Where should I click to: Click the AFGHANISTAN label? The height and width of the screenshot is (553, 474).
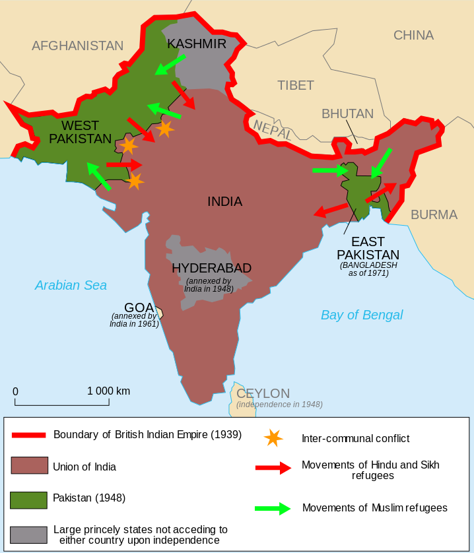pyautogui.click(x=77, y=46)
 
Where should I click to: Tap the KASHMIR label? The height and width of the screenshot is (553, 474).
pyautogui.click(x=197, y=44)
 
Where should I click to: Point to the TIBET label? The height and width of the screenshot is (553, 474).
pyautogui.click(x=295, y=85)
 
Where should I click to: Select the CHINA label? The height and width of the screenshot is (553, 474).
pyautogui.click(x=413, y=35)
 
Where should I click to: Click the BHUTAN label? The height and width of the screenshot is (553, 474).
pyautogui.click(x=347, y=114)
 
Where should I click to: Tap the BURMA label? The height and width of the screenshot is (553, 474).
pyautogui.click(x=434, y=214)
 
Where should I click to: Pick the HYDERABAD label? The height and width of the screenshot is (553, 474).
pyautogui.click(x=211, y=268)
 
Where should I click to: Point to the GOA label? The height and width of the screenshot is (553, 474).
pyautogui.click(x=139, y=308)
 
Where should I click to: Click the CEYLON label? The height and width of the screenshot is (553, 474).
pyautogui.click(x=263, y=393)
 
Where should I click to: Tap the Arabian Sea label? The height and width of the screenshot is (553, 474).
pyautogui.click(x=71, y=285)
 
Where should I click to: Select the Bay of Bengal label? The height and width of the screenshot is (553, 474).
pyautogui.click(x=362, y=315)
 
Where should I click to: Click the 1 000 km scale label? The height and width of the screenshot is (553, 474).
pyautogui.click(x=108, y=391)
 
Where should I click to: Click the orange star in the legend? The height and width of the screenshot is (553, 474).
pyautogui.click(x=273, y=438)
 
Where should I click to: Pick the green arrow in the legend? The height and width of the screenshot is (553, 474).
pyautogui.click(x=273, y=508)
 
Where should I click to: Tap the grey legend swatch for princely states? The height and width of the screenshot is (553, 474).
pyautogui.click(x=29, y=535)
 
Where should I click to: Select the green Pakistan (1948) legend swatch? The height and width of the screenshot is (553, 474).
pyautogui.click(x=29, y=500)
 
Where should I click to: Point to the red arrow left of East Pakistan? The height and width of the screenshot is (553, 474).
pyautogui.click(x=330, y=211)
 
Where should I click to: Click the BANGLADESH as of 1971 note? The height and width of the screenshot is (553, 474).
pyautogui.click(x=368, y=269)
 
